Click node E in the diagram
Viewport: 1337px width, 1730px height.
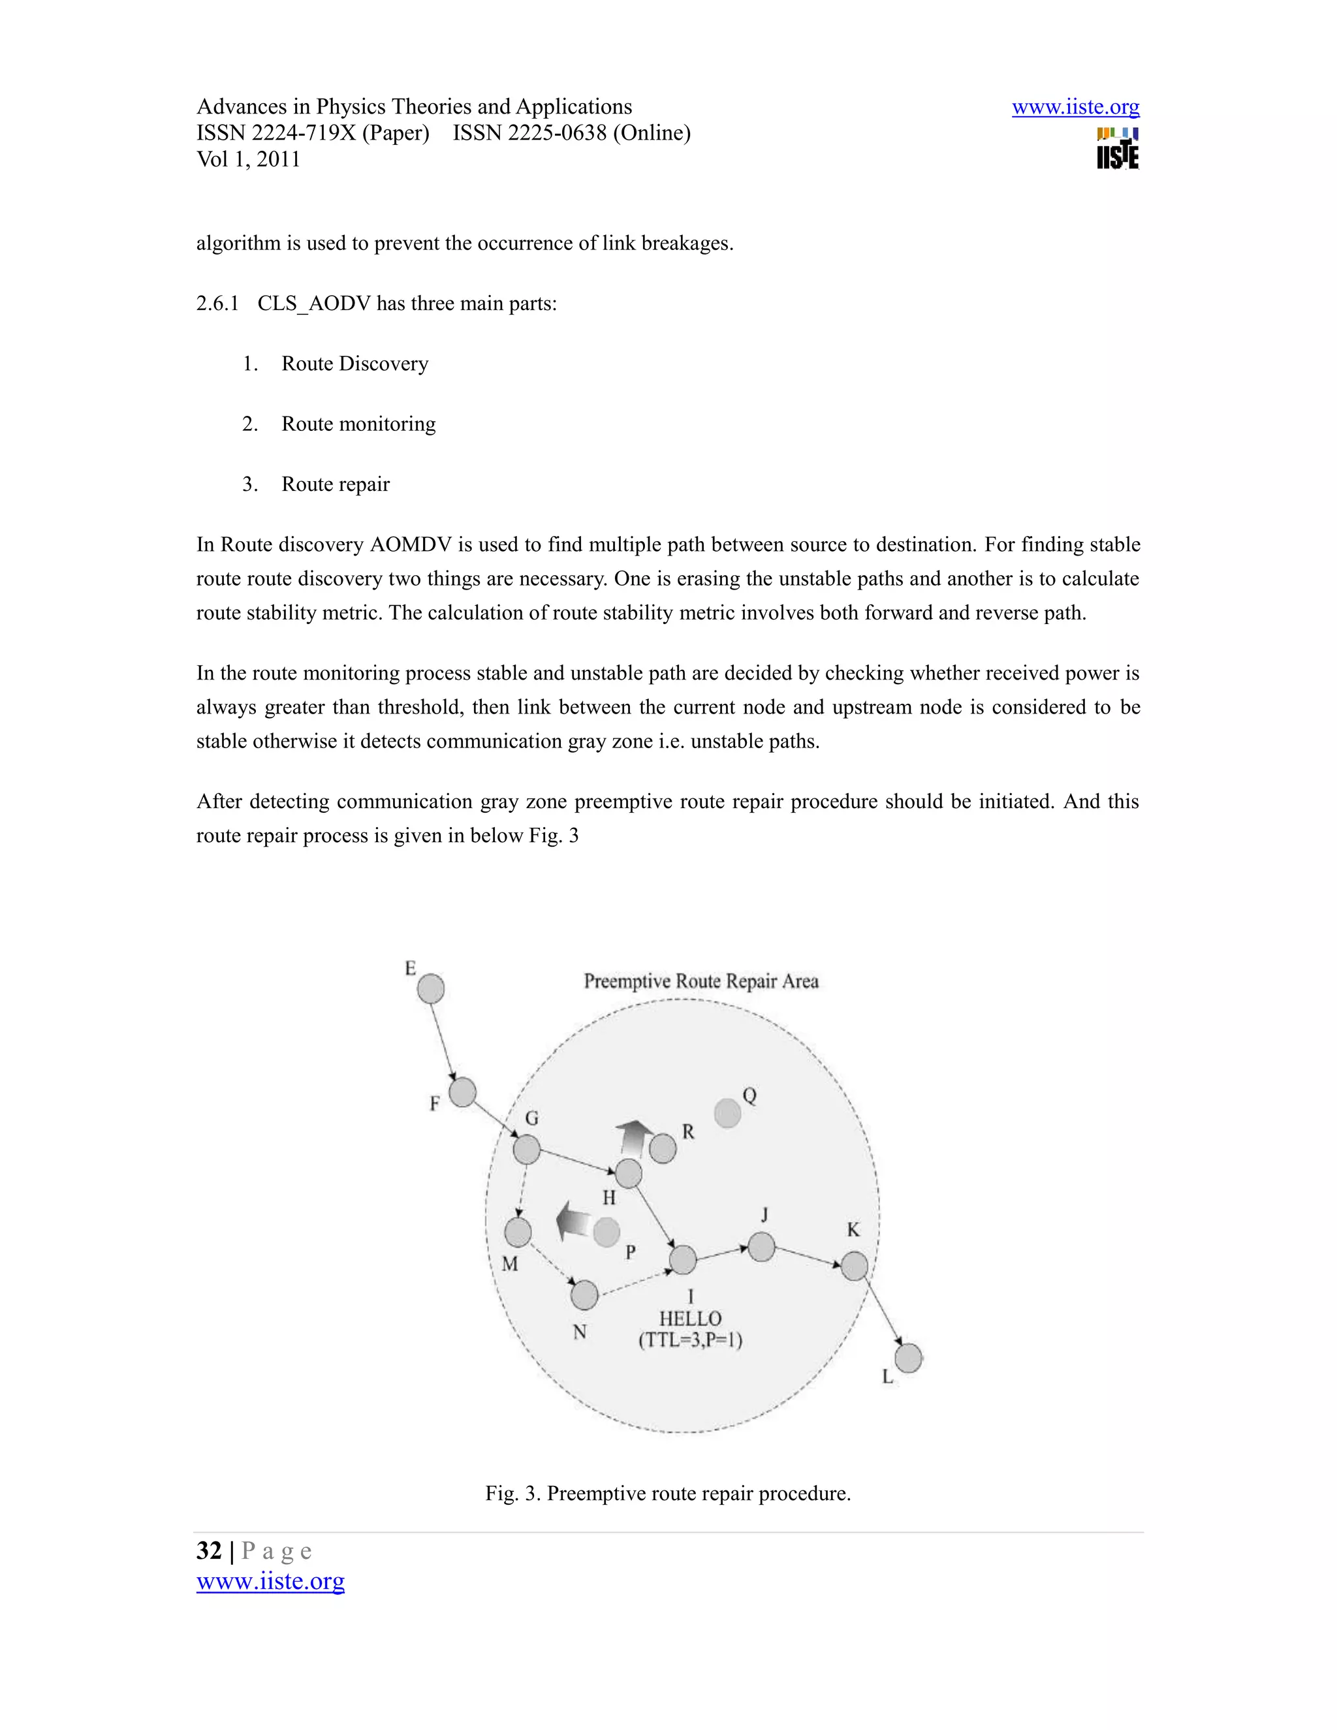tap(430, 988)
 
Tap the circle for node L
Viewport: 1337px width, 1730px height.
tap(909, 1358)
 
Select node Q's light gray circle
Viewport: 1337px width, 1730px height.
tap(727, 1113)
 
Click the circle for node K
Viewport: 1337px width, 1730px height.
tap(854, 1266)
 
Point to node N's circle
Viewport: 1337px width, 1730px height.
tap(584, 1295)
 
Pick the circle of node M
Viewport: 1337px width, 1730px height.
tap(518, 1232)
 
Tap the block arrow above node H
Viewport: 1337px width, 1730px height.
tap(634, 1137)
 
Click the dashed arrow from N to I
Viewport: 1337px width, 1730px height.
tap(634, 1283)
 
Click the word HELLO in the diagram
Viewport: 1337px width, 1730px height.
tap(690, 1318)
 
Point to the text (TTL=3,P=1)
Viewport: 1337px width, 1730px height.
tap(690, 1340)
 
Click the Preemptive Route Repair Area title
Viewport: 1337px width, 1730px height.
tap(701, 981)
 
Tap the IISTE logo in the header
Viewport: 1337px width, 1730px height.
tap(1118, 149)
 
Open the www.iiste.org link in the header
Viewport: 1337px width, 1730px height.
tap(1075, 107)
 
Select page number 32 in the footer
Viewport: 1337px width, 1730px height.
tap(209, 1550)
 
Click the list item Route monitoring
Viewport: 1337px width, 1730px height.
tap(358, 424)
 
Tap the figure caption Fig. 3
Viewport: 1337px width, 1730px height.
tap(668, 1493)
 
